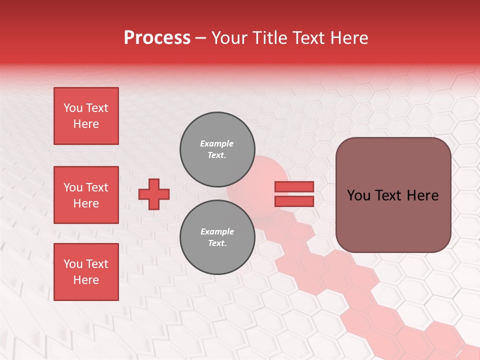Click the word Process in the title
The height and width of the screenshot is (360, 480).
click(x=157, y=38)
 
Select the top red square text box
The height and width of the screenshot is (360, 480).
click(x=86, y=116)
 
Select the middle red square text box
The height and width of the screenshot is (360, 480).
click(x=86, y=195)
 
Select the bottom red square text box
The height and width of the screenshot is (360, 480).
click(x=86, y=272)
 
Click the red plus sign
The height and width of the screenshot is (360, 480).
click(x=154, y=194)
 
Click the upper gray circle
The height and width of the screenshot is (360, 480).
click(x=217, y=149)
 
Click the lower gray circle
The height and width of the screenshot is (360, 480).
click(x=217, y=237)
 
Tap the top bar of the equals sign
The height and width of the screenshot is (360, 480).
click(x=294, y=186)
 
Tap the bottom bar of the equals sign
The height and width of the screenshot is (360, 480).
click(x=294, y=201)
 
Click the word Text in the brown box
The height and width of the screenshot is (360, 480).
click(x=393, y=195)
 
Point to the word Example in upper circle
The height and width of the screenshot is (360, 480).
click(x=217, y=143)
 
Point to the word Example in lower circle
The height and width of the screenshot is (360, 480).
click(x=217, y=231)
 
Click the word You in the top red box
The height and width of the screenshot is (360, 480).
click(x=72, y=108)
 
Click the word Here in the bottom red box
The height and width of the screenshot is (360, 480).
click(x=86, y=280)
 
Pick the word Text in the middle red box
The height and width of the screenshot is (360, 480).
click(x=97, y=187)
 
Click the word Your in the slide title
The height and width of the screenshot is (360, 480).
click(x=229, y=38)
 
